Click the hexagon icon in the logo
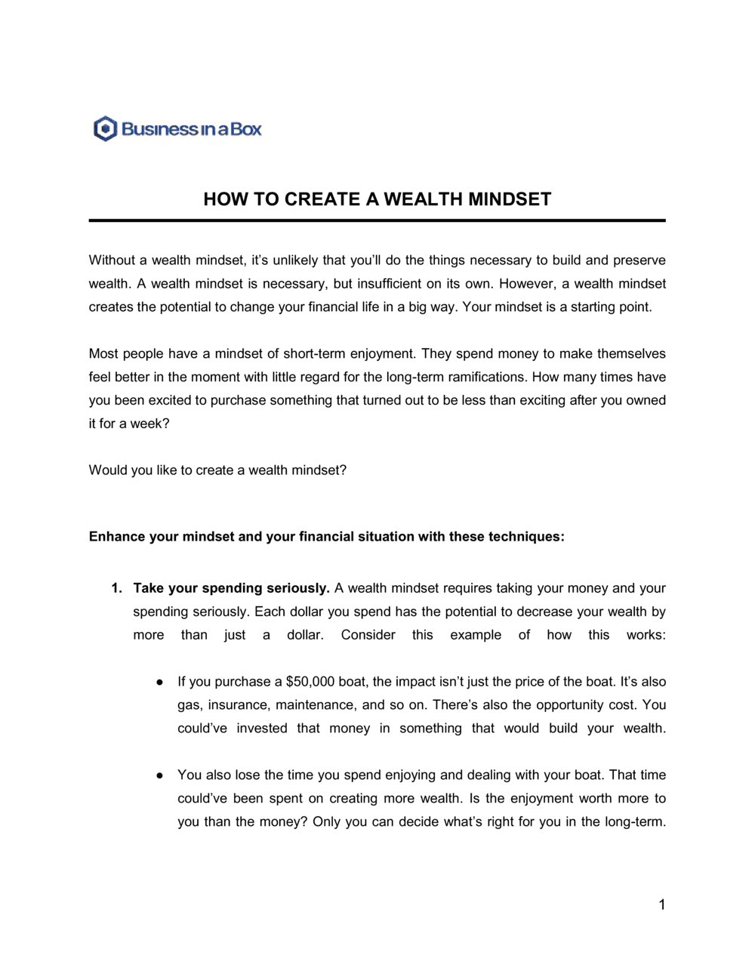click(105, 129)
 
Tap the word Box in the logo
click(246, 129)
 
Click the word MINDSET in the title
click(510, 199)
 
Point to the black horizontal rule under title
click(377, 220)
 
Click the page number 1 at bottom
click(661, 905)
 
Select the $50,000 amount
click(310, 682)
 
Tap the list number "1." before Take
click(116, 588)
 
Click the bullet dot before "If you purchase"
click(160, 682)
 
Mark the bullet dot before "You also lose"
click(160, 775)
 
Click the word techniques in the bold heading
click(524, 537)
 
